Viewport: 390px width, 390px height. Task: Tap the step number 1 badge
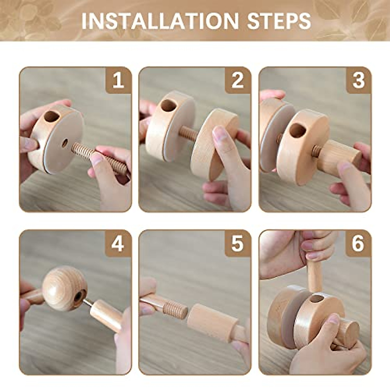[x=118, y=80]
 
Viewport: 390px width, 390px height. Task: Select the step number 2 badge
[x=238, y=80]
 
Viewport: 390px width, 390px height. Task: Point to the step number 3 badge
[x=358, y=80]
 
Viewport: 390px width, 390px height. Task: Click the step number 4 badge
[x=118, y=243]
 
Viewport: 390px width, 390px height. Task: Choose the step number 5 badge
[x=238, y=243]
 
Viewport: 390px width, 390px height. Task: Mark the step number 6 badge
[x=358, y=243]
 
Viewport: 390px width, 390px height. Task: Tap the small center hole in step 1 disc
[x=65, y=142]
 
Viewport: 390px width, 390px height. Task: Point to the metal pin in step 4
[x=87, y=303]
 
